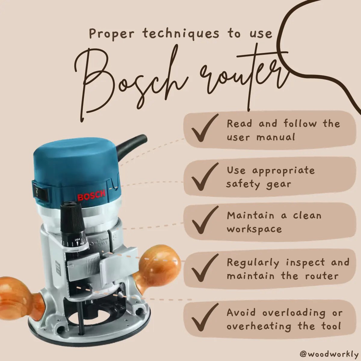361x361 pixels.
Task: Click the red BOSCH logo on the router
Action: point(91,196)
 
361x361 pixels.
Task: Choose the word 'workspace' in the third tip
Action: point(254,229)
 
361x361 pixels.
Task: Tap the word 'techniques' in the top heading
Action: point(181,34)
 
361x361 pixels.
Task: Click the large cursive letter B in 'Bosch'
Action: point(99,84)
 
